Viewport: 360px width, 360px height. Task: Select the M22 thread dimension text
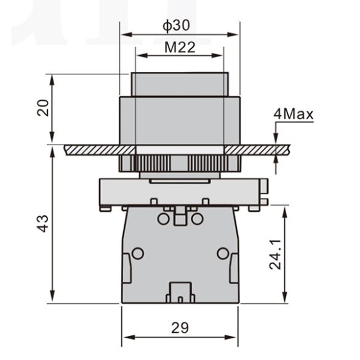(180, 48)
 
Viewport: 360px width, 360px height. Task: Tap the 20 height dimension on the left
(41, 109)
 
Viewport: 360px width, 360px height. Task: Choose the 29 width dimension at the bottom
(180, 327)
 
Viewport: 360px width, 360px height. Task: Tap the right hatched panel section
(255, 150)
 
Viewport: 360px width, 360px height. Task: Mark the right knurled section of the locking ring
(206, 164)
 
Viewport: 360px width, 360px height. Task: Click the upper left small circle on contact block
(163, 218)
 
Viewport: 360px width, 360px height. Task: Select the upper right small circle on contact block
(197, 218)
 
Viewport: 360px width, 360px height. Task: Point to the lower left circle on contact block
(138, 253)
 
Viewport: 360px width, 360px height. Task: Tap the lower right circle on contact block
(222, 253)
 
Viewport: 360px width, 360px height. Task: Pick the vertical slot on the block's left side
(126, 269)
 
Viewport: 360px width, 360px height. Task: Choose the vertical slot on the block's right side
(234, 269)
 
